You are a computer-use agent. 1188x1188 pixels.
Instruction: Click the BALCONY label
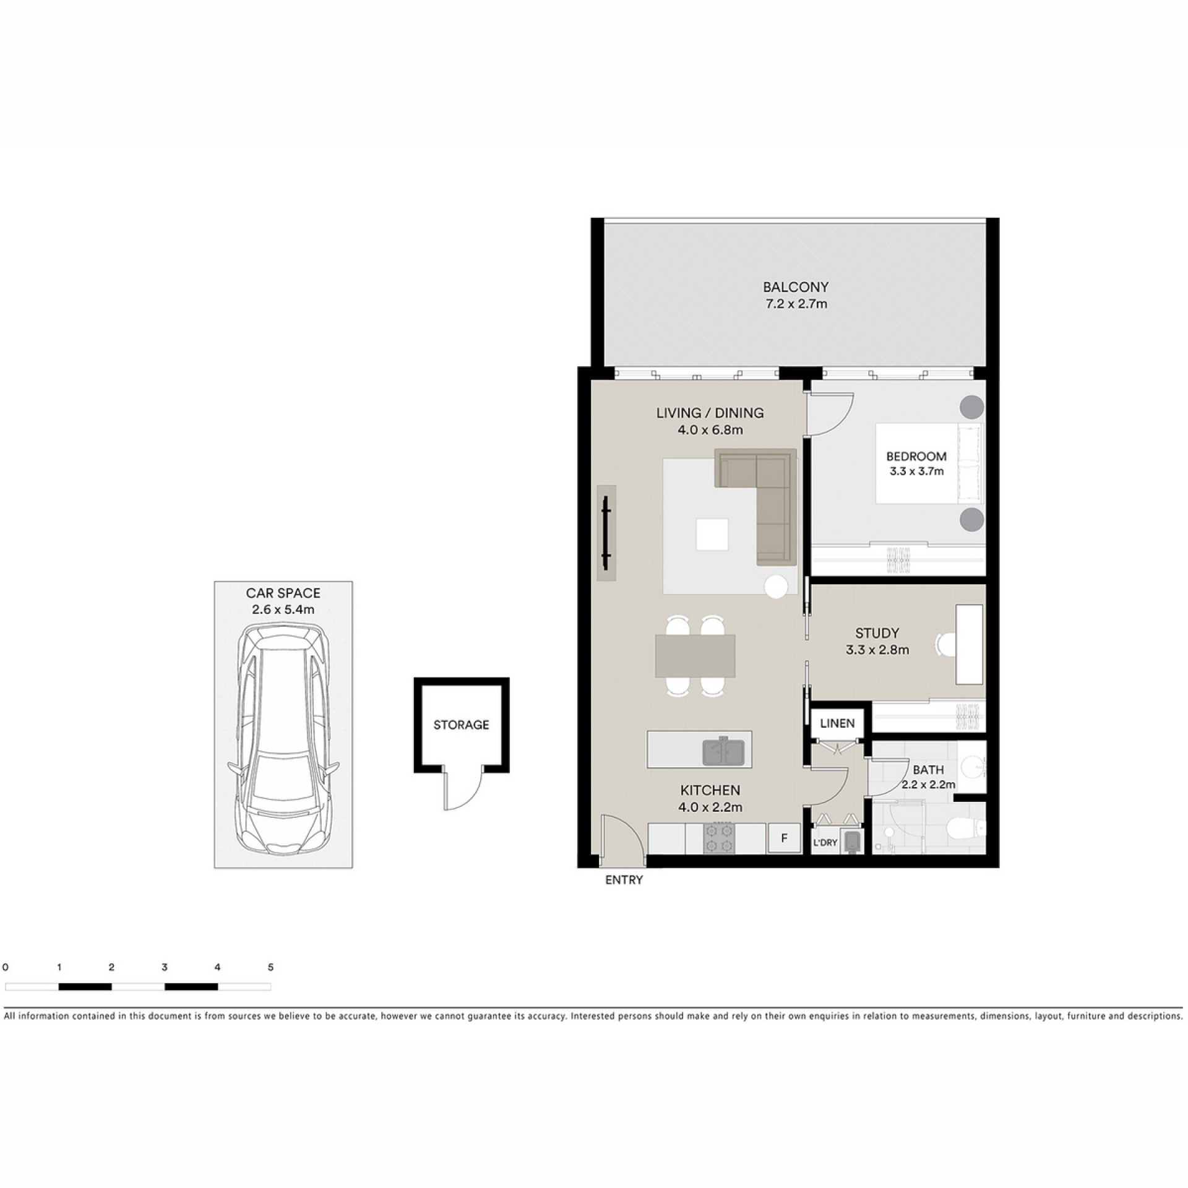coord(795,287)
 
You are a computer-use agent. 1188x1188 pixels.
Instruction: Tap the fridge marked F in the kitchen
coord(784,838)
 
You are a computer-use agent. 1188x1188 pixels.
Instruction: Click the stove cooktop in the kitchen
coord(719,838)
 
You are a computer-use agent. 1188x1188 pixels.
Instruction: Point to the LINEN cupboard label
coord(837,723)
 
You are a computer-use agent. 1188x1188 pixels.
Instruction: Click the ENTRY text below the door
coord(624,880)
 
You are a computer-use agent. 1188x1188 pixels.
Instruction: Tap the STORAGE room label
coord(461,725)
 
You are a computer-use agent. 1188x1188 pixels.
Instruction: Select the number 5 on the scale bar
coord(270,967)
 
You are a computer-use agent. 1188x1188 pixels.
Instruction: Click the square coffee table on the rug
coord(712,535)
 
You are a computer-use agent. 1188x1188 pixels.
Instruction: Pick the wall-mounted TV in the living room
coord(606,533)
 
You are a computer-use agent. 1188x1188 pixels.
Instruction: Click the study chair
coord(946,644)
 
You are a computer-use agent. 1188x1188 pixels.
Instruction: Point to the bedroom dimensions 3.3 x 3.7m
coord(916,471)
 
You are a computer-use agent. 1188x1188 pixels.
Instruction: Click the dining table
coord(695,656)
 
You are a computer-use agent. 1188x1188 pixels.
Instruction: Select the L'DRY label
coord(825,843)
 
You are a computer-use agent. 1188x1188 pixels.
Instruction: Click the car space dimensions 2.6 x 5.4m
coord(283,609)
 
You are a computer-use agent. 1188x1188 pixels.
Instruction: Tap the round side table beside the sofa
coord(776,587)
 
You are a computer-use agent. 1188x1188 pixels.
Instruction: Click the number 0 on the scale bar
coord(6,967)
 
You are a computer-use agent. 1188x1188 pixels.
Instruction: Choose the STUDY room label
coord(877,633)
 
